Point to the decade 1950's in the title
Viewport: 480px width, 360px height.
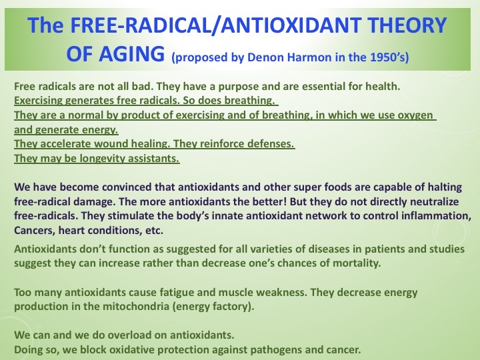tap(385, 57)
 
